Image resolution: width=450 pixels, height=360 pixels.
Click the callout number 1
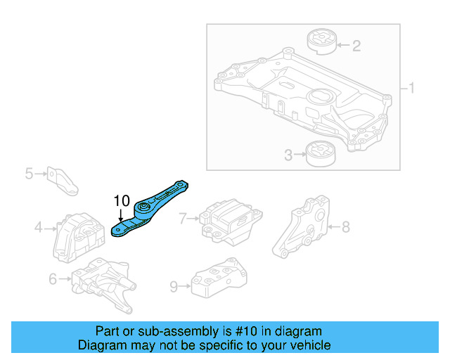point(412,89)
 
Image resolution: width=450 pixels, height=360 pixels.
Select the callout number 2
point(356,46)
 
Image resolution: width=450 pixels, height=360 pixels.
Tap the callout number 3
point(288,155)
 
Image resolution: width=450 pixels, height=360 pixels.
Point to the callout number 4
point(38,227)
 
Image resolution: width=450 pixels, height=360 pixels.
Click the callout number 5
point(29,172)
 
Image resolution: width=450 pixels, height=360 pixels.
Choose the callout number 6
point(53,279)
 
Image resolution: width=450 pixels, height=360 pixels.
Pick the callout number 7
point(183,219)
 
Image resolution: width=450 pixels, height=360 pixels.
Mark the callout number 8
point(345,226)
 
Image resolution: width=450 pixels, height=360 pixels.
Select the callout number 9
point(174,286)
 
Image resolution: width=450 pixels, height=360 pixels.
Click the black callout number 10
point(122,200)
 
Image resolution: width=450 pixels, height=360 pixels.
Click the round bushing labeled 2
point(321,41)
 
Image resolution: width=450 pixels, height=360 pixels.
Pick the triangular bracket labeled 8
point(302,226)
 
